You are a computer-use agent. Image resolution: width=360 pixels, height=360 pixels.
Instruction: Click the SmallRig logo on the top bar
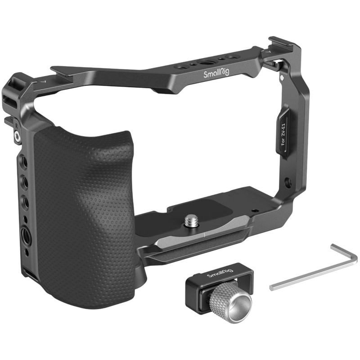[216, 73]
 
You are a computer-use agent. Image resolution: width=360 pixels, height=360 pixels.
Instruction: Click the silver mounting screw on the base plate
[192, 221]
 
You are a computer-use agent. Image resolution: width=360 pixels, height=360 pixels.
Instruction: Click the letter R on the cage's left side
[17, 126]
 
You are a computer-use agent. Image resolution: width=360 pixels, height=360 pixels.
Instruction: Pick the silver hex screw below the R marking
[17, 136]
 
